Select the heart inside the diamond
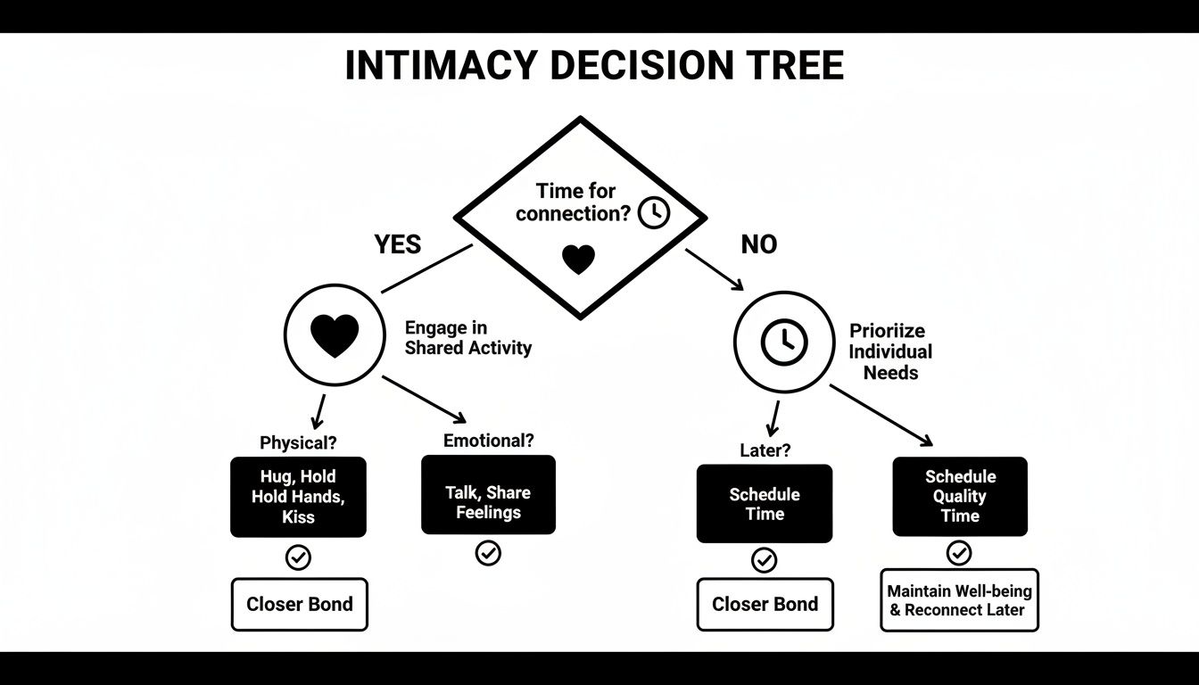tap(578, 260)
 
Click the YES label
tap(397, 244)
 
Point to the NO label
tap(758, 244)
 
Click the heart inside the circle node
tap(335, 336)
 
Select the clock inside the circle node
tap(783, 342)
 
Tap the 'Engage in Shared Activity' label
tap(467, 338)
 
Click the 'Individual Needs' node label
tap(889, 351)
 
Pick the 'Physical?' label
tap(298, 442)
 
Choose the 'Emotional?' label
tap(488, 440)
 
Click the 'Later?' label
tap(765, 450)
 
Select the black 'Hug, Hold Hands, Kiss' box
tap(298, 497)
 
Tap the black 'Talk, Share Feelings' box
tap(488, 495)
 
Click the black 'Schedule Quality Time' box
tap(960, 496)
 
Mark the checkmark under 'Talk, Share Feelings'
tap(488, 553)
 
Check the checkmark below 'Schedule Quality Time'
tap(959, 553)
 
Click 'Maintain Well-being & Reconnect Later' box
tap(959, 600)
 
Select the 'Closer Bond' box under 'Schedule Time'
tap(765, 604)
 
